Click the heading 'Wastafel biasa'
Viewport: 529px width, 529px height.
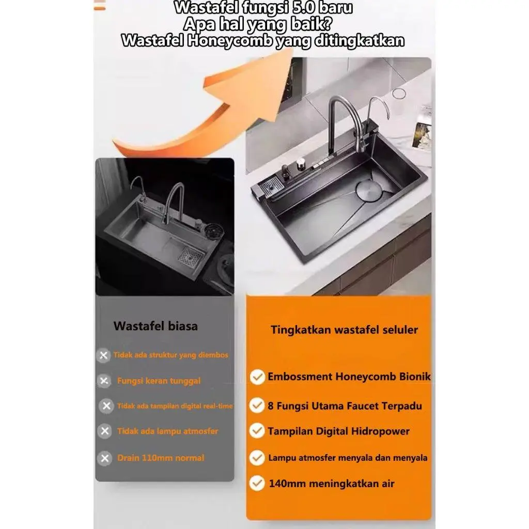coord(155,326)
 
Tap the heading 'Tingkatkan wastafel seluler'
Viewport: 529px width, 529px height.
coord(344,330)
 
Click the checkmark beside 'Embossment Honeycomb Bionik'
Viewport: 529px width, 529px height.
coord(257,377)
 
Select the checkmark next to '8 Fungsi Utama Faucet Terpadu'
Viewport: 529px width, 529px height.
coord(257,405)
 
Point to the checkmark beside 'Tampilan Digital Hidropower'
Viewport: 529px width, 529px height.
coord(257,431)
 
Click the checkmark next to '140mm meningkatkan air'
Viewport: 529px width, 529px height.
coord(257,483)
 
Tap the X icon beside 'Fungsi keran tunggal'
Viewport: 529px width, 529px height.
coord(104,381)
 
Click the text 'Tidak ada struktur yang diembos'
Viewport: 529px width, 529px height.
coord(170,355)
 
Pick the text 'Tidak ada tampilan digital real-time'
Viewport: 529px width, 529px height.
coord(175,406)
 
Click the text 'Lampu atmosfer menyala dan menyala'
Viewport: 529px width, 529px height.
coord(348,458)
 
